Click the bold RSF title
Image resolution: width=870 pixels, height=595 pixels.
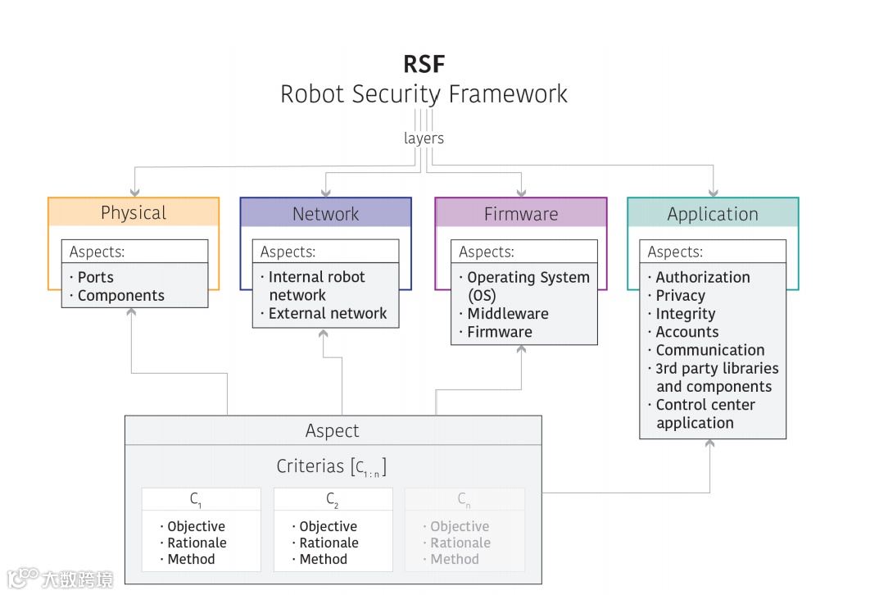pos(424,63)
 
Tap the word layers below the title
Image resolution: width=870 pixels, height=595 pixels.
pos(424,138)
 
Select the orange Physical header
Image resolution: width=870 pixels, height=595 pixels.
pos(134,213)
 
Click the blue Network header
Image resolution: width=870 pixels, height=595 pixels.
pos(325,214)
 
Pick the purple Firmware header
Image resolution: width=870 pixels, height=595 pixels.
pos(520,214)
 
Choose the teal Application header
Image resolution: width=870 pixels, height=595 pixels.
pos(713,214)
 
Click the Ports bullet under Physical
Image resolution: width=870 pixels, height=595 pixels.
pos(95,277)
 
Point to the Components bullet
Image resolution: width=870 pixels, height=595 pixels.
pos(120,295)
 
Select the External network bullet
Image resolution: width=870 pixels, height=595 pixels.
pos(327,313)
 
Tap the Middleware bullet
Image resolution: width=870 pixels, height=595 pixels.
pos(507,313)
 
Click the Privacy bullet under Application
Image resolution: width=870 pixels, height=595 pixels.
pos(680,295)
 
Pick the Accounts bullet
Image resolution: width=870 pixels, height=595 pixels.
pos(686,332)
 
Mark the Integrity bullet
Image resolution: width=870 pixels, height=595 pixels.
pos(685,314)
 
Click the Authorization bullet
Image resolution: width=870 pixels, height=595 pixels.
pos(702,277)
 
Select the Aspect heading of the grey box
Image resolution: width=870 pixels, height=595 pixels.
pos(332,430)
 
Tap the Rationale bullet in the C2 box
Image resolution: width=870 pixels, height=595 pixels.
pos(329,543)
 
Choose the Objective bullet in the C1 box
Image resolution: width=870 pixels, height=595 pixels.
pos(196,526)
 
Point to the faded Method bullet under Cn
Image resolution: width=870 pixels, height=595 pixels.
pos(454,559)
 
